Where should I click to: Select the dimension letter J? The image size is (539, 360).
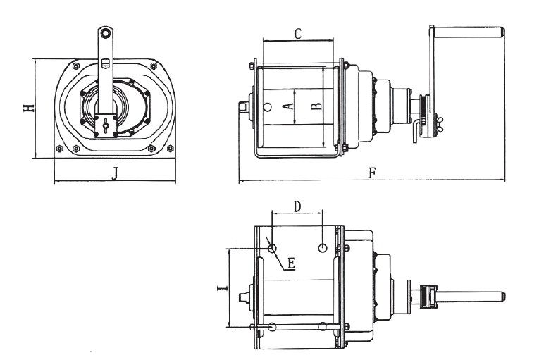(115, 174)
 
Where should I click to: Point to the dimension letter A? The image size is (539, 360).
(285, 106)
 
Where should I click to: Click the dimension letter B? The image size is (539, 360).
(316, 106)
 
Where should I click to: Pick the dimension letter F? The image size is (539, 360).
(371, 173)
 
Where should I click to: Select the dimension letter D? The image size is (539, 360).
(297, 206)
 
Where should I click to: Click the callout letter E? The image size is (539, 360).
(291, 263)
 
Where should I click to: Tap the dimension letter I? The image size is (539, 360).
(221, 287)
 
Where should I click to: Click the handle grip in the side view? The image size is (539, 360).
(470, 32)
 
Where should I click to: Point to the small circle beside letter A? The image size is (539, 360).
(267, 107)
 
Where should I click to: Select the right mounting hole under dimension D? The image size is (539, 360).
(322, 247)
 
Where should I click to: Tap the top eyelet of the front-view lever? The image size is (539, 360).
(104, 33)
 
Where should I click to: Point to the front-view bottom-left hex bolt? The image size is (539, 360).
(60, 149)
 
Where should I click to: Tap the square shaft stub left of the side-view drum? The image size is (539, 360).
(244, 106)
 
